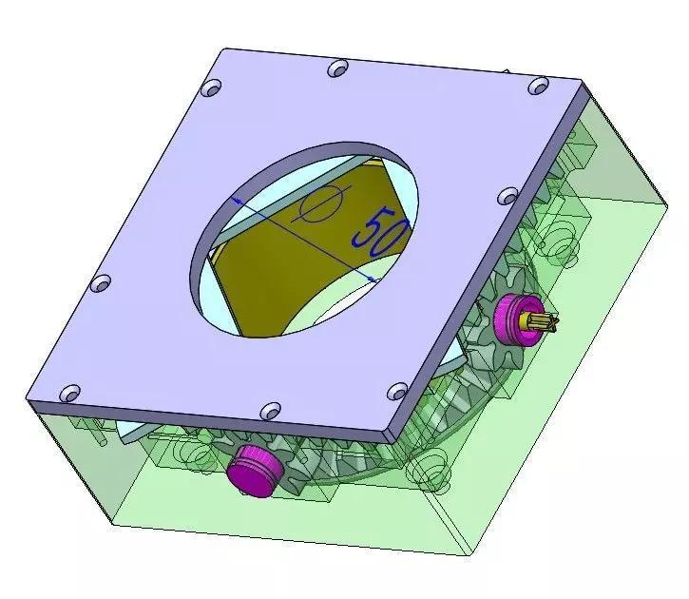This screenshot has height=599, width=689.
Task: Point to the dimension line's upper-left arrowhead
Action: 238,201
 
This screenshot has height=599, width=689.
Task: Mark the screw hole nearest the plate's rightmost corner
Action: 538,87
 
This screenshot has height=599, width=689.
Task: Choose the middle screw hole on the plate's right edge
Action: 508,198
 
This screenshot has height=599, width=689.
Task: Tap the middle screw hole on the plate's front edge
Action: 269,409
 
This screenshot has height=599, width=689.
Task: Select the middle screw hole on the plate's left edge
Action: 98,282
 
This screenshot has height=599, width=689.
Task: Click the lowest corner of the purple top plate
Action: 390,439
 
